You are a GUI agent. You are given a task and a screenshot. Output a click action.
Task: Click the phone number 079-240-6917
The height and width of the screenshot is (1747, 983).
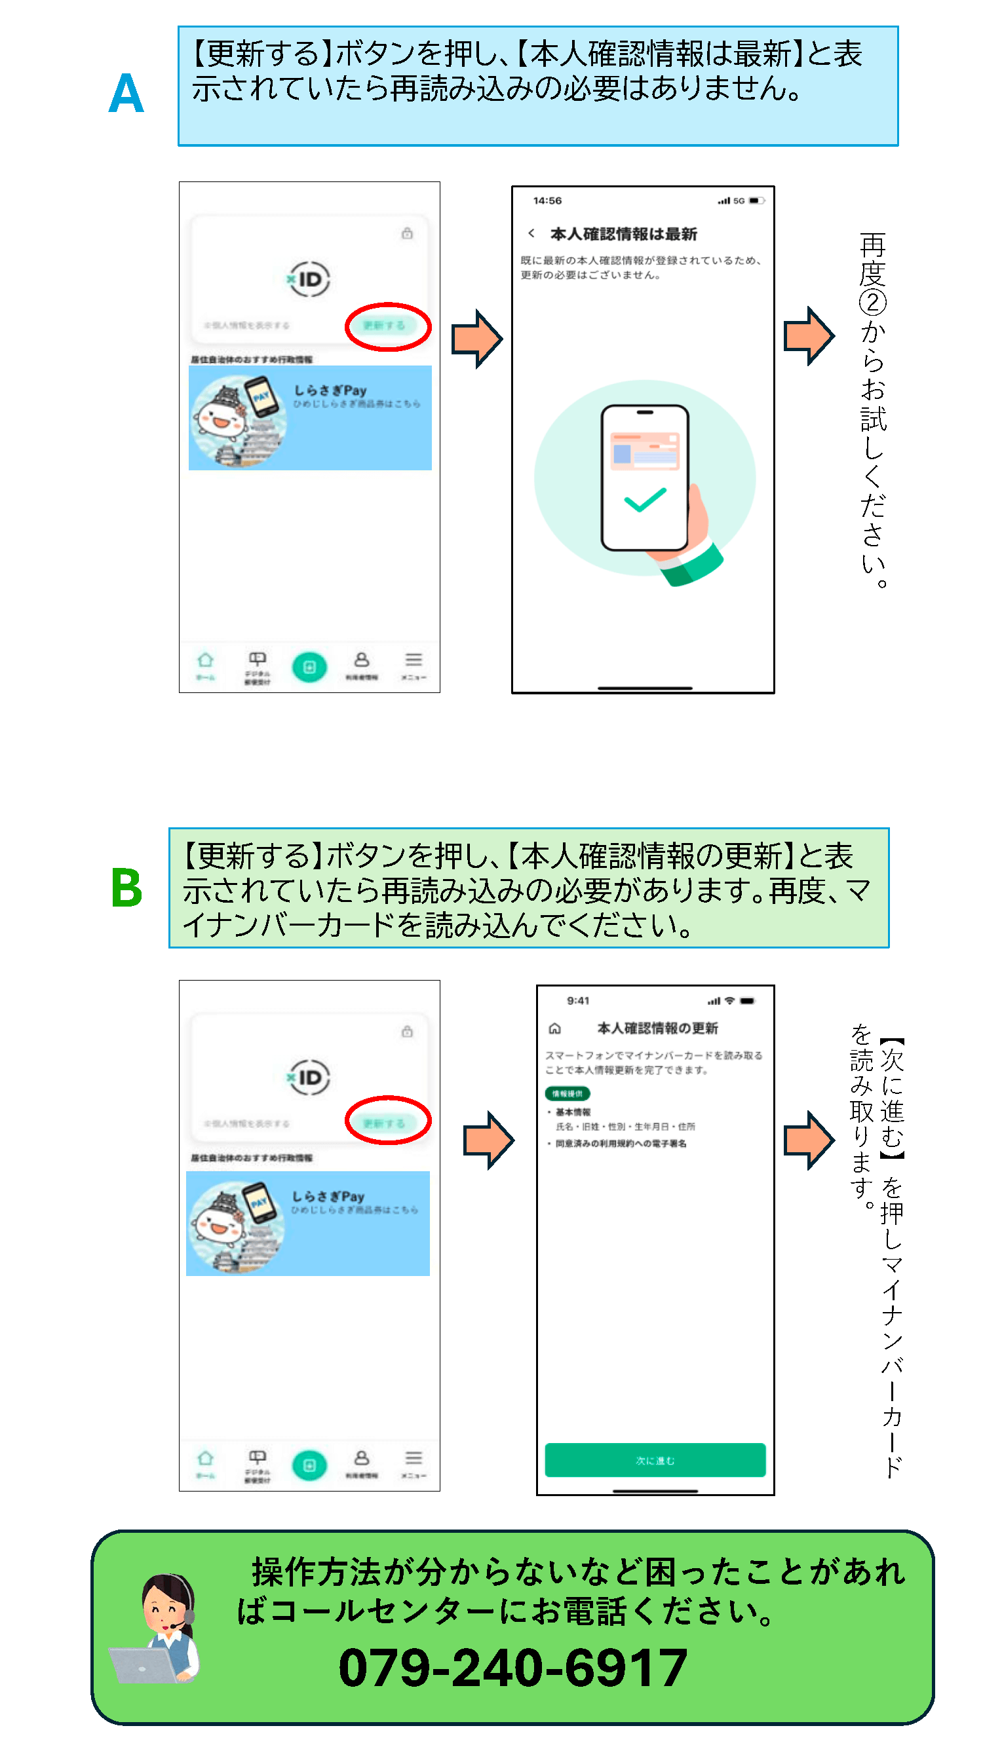[512, 1668]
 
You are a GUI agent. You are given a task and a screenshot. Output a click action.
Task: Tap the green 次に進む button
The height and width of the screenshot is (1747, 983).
[655, 1460]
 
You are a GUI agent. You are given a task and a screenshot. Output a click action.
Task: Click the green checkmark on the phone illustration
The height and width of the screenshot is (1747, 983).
[644, 500]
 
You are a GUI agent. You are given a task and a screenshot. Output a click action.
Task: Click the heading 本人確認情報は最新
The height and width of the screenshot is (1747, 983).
[623, 234]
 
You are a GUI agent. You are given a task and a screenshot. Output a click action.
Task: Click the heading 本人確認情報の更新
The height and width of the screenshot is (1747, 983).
[657, 1028]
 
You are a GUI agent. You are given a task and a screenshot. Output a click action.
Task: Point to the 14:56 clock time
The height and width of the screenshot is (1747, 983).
[547, 200]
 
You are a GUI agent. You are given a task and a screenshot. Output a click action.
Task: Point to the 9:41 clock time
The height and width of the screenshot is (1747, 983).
[578, 1001]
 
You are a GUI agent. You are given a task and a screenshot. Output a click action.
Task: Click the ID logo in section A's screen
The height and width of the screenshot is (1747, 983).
[309, 280]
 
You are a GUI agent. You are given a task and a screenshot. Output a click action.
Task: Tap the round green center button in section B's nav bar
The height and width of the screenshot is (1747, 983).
[309, 1465]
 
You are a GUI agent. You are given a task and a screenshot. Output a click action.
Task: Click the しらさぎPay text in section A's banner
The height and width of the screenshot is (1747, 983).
[330, 390]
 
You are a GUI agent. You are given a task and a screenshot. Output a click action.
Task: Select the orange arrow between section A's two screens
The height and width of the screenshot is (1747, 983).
[477, 339]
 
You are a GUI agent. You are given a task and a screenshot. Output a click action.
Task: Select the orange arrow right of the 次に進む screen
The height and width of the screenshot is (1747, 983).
[808, 1140]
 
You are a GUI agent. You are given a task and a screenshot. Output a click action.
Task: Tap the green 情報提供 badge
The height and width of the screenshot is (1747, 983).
[567, 1093]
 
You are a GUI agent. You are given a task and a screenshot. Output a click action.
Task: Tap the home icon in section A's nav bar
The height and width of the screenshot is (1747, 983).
[205, 660]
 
